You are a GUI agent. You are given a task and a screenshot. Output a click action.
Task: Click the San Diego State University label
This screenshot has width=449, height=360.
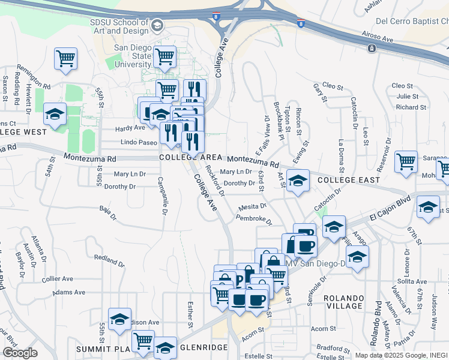(133, 56)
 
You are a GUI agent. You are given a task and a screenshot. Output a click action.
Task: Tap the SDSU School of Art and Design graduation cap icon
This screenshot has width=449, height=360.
(157, 25)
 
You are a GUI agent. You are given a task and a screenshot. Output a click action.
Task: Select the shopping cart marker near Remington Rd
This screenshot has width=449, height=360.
(65, 58)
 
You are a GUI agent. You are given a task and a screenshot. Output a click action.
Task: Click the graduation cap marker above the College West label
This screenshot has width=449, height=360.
(55, 114)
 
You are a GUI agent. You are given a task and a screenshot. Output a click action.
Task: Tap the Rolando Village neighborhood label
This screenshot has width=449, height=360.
(344, 304)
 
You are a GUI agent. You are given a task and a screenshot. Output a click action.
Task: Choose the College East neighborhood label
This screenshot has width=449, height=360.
(348, 180)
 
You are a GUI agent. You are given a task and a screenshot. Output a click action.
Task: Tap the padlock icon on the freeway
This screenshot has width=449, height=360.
(372, 48)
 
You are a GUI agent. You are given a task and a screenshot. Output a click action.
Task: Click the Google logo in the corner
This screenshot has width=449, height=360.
(19, 353)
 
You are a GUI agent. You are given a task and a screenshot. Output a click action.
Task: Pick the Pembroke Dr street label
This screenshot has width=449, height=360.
(254, 219)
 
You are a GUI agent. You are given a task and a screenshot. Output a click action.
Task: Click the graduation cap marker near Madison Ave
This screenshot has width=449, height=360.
(119, 319)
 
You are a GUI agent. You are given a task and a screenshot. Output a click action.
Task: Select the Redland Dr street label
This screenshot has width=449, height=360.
(109, 260)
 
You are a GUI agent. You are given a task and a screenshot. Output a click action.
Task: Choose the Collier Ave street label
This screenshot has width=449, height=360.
(58, 279)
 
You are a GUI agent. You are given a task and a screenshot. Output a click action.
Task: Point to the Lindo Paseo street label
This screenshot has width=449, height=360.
(139, 143)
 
